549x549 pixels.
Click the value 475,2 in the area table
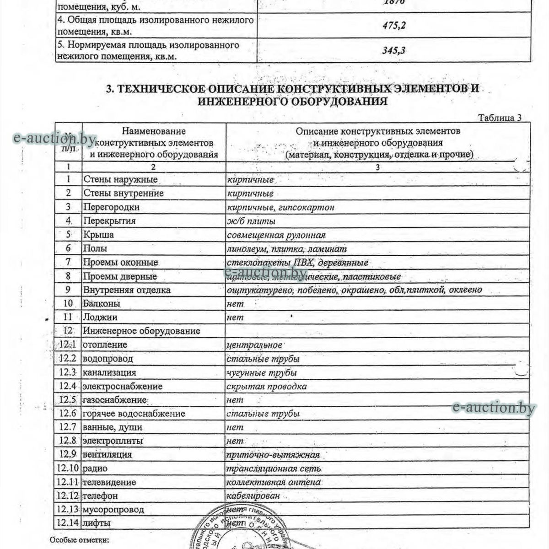pyautogui.click(x=394, y=26)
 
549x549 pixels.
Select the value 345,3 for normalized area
pyautogui.click(x=394, y=50)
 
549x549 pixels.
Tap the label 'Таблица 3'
pyautogui.click(x=500, y=118)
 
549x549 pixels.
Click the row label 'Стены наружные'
pyautogui.click(x=120, y=179)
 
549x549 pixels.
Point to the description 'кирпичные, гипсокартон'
pyautogui.click(x=280, y=207)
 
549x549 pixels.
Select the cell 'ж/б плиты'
pyautogui.click(x=251, y=221)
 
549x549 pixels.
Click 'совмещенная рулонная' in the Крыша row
pyautogui.click(x=276, y=235)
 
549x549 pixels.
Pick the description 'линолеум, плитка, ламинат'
pyautogui.click(x=287, y=249)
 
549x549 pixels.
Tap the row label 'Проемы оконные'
pyautogui.click(x=120, y=263)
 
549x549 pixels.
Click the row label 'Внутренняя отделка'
pyautogui.click(x=127, y=290)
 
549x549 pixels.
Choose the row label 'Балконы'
pyautogui.click(x=102, y=303)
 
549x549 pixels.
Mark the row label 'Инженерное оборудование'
pyautogui.click(x=141, y=331)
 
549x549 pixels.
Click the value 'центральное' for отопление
pyautogui.click(x=254, y=344)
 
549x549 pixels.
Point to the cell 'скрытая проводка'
pyautogui.click(x=267, y=386)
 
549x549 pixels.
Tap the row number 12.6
pyautogui.click(x=68, y=414)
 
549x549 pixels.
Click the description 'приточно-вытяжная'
pyautogui.click(x=273, y=455)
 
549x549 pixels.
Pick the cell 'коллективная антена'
pyautogui.click(x=274, y=482)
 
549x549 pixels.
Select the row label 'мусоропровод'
pyautogui.click(x=113, y=509)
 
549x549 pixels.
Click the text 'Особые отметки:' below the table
pyautogui.click(x=79, y=540)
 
